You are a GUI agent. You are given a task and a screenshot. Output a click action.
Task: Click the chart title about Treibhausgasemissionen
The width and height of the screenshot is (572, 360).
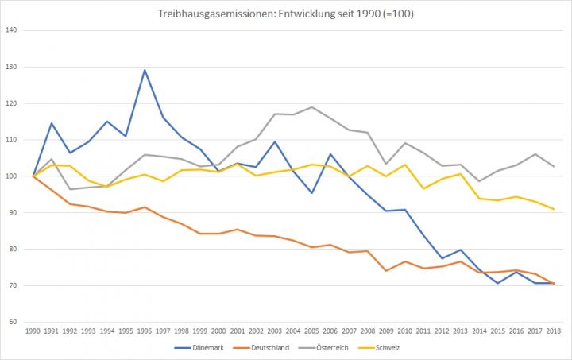[285, 13]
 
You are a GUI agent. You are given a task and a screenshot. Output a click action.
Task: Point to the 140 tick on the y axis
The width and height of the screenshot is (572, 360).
[12, 30]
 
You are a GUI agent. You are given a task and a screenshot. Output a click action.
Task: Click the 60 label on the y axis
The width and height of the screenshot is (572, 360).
[14, 322]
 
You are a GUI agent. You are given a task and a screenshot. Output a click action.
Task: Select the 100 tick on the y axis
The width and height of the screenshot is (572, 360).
[12, 176]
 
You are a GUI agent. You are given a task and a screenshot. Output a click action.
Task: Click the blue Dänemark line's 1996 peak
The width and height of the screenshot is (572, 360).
[145, 70]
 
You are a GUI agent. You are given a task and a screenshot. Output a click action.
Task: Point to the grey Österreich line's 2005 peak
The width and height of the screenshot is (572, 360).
[311, 106]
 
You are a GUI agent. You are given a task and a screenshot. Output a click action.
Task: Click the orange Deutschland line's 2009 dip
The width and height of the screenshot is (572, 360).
[386, 271]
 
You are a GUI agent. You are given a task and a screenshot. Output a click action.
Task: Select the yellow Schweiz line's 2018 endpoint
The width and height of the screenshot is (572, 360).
[553, 209]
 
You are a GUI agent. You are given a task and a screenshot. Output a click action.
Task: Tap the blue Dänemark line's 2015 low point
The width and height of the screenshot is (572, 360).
[497, 283]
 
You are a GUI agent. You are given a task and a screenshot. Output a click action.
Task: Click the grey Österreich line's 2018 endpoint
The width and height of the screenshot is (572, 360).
[553, 166]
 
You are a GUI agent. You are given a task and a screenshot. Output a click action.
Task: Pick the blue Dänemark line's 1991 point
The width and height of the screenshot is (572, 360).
[52, 123]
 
